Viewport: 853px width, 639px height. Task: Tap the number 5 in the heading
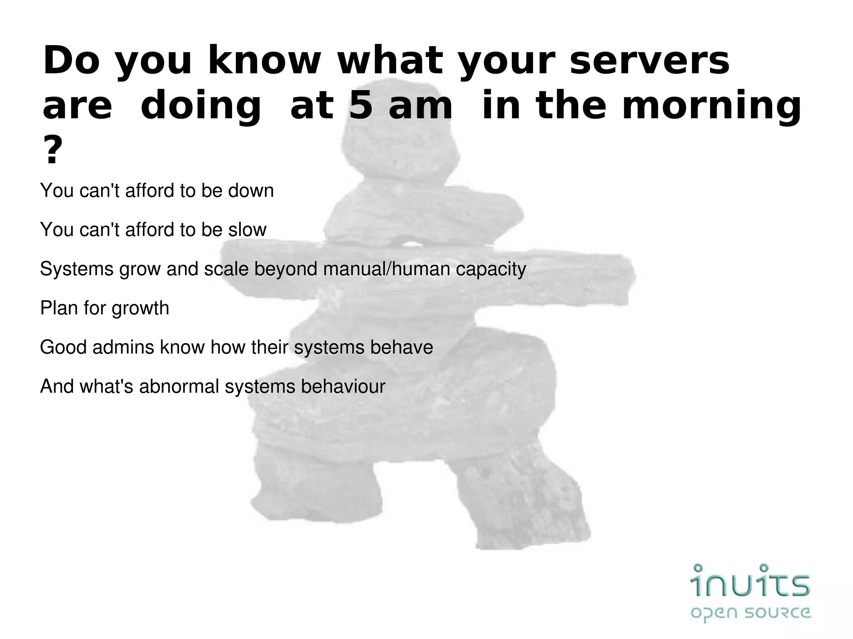pos(361,106)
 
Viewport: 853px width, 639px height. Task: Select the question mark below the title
pos(52,151)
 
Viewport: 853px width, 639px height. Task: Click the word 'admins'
pos(123,347)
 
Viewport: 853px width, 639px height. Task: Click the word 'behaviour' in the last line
pos(343,386)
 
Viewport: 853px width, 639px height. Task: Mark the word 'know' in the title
pos(264,61)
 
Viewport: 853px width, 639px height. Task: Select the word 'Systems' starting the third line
pos(77,269)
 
